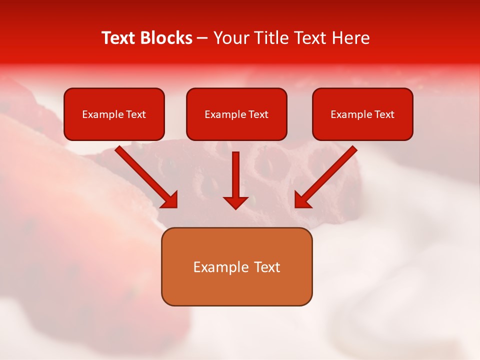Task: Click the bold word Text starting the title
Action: [x=119, y=38]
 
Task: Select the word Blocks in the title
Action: [x=166, y=38]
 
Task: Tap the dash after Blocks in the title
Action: [x=202, y=38]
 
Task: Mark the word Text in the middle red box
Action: [x=258, y=114]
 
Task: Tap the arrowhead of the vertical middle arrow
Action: [x=235, y=202]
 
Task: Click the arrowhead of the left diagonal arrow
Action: [x=170, y=199]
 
